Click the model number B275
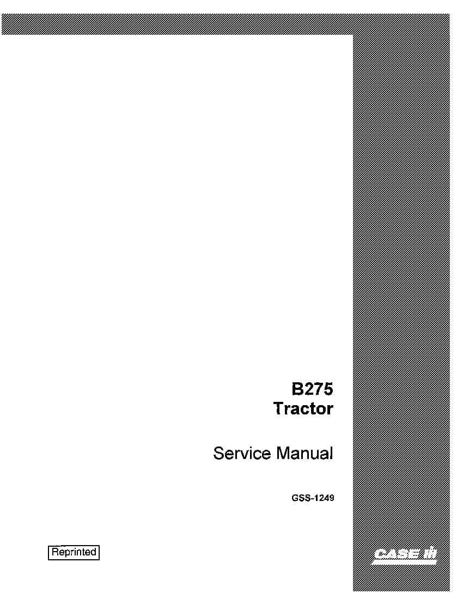coord(312,389)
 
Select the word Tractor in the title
coord(303,408)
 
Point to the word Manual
coord(304,453)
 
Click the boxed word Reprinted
coord(74,552)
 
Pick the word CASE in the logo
coord(396,554)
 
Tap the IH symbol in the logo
coord(429,554)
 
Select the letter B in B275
coord(297,389)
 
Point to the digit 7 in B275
coord(318,389)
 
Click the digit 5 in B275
coord(328,389)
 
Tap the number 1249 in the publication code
coord(325,498)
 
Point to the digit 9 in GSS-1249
coord(332,498)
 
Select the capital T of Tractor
coord(278,408)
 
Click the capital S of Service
coord(218,453)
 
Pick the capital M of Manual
coord(283,453)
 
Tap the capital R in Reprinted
coord(55,552)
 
